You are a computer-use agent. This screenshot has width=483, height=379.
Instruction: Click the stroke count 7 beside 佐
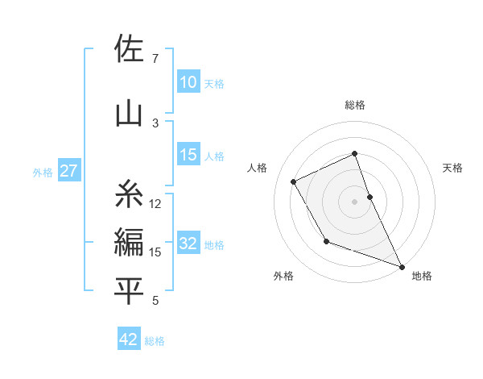[x=155, y=59]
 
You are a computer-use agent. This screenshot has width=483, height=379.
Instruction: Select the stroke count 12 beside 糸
[x=155, y=204]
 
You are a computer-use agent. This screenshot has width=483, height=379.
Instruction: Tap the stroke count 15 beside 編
[x=155, y=252]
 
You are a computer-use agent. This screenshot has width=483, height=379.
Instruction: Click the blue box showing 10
[x=188, y=82]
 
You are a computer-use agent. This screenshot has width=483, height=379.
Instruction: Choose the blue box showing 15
[x=188, y=156]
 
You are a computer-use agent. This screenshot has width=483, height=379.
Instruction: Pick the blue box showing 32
[x=188, y=244]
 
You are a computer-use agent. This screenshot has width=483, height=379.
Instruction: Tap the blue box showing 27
[x=68, y=171]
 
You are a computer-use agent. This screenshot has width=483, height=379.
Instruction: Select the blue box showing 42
[x=129, y=339]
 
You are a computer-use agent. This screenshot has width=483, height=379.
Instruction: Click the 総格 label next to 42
[x=155, y=341]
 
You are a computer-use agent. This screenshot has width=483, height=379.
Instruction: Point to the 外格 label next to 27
[x=43, y=172]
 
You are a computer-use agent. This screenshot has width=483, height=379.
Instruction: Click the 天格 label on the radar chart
[x=452, y=168]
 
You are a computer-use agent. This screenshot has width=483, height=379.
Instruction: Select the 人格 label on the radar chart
[x=258, y=168]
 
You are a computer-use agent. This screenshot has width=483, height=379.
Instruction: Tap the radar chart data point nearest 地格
[x=402, y=266]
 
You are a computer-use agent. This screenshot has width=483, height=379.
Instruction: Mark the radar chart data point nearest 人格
[x=294, y=181]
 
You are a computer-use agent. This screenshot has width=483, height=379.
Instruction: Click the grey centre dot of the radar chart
[x=354, y=201]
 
